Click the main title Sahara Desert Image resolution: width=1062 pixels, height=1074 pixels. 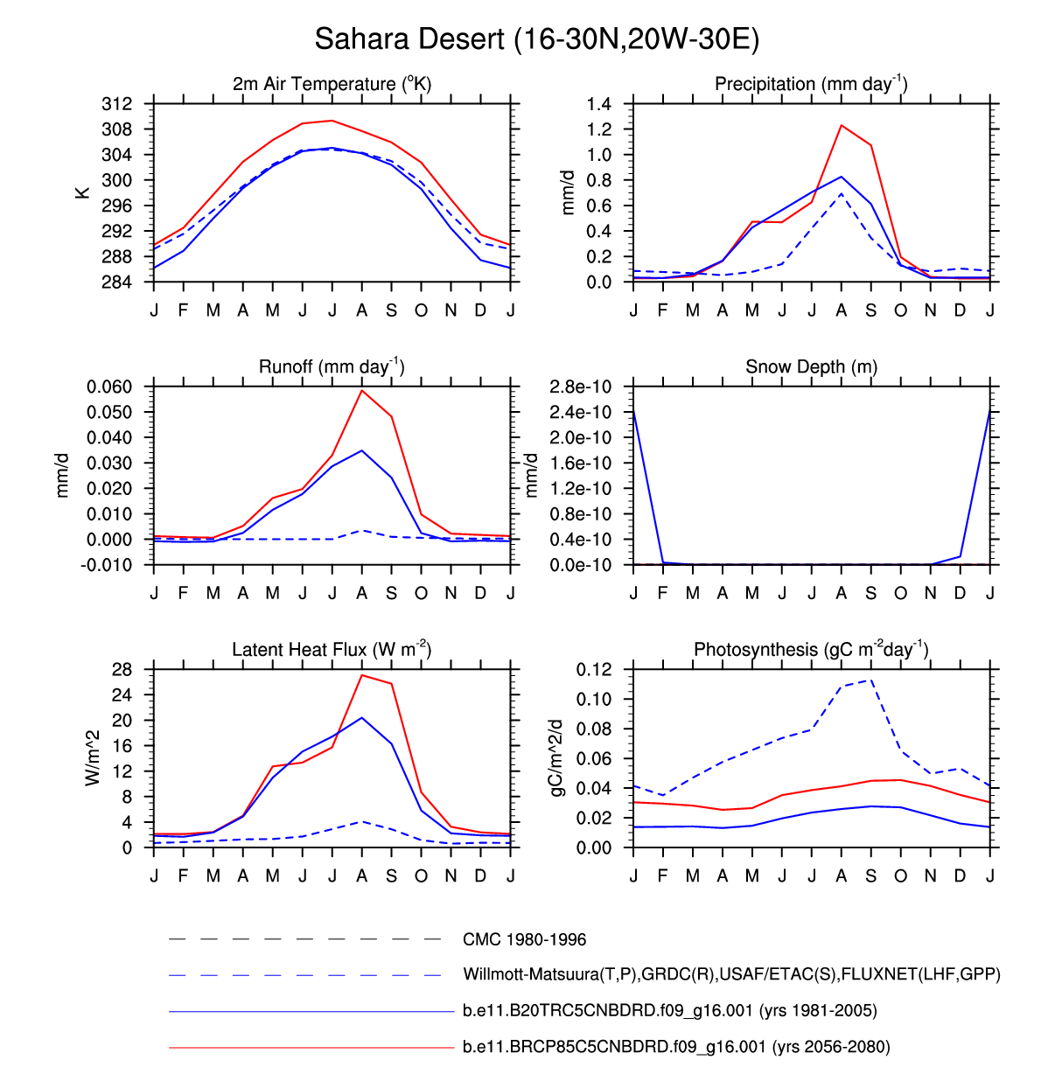click(x=536, y=39)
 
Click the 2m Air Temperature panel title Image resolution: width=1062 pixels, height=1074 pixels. click(x=332, y=84)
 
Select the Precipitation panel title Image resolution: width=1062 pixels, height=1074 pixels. click(x=811, y=84)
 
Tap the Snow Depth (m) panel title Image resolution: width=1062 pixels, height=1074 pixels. click(x=811, y=366)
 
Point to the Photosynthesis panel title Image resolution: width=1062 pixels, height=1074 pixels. click(x=811, y=649)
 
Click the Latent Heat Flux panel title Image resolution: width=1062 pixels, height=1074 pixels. click(x=332, y=649)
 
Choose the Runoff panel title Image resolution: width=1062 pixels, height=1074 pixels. click(x=332, y=366)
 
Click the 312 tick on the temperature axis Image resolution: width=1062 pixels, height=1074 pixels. click(x=117, y=104)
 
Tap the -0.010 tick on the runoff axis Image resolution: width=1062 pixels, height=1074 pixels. click(x=109, y=565)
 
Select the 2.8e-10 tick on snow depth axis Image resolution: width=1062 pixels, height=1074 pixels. click(x=580, y=387)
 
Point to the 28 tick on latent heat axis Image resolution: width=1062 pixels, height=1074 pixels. click(x=122, y=670)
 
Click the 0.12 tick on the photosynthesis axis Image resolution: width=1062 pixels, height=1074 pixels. click(x=594, y=670)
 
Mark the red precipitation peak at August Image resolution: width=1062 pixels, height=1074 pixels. click(x=842, y=125)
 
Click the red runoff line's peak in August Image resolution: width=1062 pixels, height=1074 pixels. click(x=362, y=390)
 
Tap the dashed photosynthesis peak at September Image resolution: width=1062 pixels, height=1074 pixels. click(x=871, y=680)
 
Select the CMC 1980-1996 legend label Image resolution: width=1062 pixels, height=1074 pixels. click(x=524, y=939)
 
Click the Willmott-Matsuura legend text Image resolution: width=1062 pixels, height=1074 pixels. click(x=731, y=974)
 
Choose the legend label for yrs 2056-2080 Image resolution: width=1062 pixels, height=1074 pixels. click(x=676, y=1047)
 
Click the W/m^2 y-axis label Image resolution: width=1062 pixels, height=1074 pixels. click(x=93, y=758)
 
